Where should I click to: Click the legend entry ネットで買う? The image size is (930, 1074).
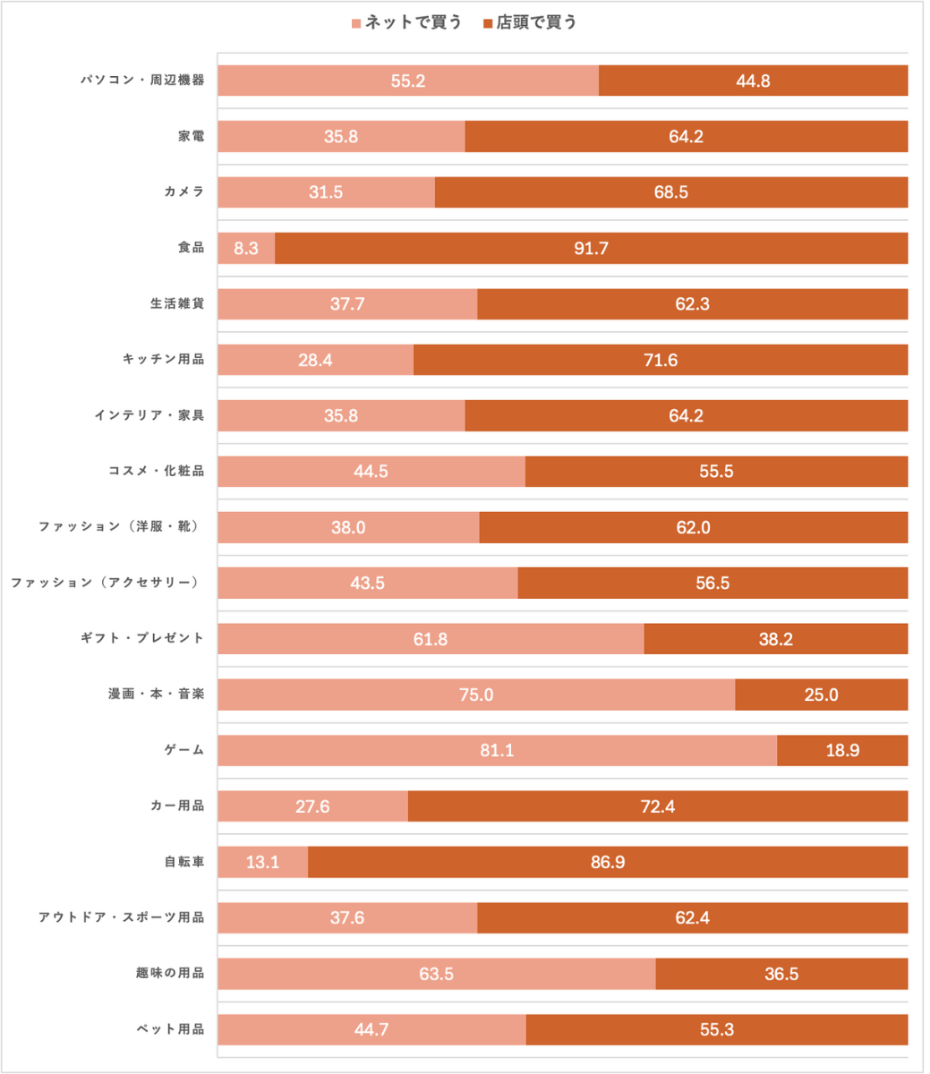click(406, 22)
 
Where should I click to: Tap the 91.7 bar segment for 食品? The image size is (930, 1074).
click(591, 248)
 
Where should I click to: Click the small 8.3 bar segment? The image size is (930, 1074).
click(246, 248)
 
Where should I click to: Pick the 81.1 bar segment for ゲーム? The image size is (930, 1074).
click(497, 750)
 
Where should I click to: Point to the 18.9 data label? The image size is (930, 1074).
click(842, 750)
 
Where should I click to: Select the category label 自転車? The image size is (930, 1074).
click(184, 862)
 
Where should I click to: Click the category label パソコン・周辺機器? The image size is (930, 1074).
click(143, 81)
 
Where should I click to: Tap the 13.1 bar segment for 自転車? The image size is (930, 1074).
click(262, 862)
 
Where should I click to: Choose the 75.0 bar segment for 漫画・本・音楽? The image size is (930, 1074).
click(476, 695)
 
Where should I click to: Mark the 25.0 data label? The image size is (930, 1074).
click(821, 695)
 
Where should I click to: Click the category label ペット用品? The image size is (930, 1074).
click(171, 1029)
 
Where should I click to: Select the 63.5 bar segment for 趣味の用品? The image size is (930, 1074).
click(436, 974)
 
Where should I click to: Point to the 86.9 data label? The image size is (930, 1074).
click(608, 862)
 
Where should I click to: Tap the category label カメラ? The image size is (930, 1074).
click(184, 192)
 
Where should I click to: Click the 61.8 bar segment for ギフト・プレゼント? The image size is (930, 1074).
click(431, 639)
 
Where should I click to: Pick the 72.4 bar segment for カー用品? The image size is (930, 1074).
click(658, 806)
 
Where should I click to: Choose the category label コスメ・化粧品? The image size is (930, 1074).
click(157, 471)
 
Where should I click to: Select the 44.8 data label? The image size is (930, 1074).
click(753, 81)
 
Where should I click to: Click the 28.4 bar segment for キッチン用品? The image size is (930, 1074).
click(315, 360)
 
